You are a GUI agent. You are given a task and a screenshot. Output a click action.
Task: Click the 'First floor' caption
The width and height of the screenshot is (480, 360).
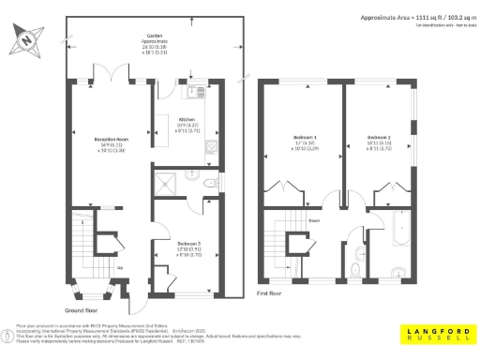271,292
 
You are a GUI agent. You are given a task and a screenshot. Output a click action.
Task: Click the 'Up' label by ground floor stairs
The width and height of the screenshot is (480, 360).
117,268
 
